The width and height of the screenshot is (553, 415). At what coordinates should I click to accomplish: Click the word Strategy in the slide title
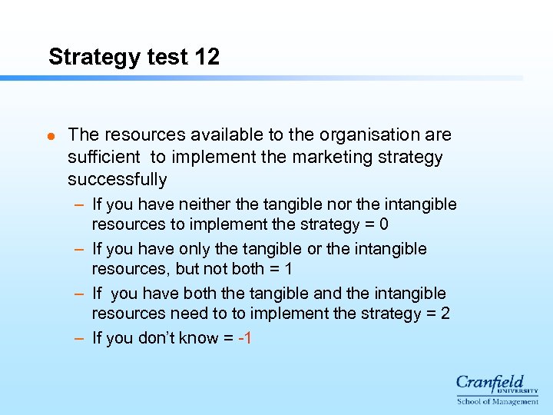88,58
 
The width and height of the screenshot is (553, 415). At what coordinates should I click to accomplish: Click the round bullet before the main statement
51,135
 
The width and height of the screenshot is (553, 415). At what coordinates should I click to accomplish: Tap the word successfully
117,180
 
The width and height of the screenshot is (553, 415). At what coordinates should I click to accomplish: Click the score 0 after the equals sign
384,224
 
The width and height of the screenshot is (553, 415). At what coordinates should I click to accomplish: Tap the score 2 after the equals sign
445,314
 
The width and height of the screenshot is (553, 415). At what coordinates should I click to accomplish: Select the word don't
157,338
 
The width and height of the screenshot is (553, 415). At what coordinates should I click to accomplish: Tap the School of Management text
498,401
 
